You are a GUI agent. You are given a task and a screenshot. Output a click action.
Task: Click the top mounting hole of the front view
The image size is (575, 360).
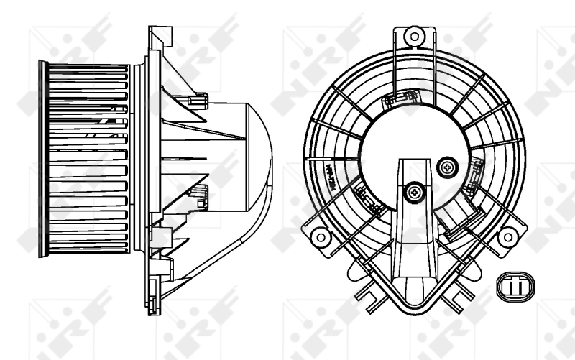point(413,35)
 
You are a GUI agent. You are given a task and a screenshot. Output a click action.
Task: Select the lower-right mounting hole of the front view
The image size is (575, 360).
point(507,236)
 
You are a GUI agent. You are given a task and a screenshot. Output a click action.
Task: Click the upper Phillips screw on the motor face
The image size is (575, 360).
point(448,167)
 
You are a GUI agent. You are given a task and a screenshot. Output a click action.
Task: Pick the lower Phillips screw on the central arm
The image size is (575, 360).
point(413,191)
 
